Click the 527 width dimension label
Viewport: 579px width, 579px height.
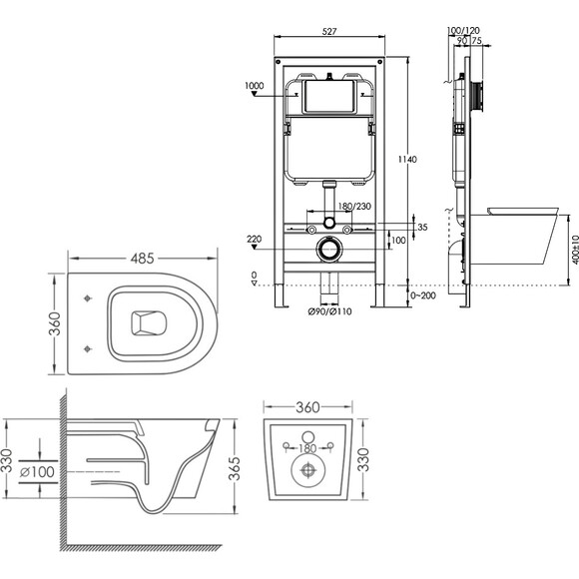[329, 31]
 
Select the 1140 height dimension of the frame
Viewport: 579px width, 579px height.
[407, 159]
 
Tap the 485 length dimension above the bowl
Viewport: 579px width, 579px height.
[142, 259]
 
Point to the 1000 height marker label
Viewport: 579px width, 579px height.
[254, 86]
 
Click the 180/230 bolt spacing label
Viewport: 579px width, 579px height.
[354, 206]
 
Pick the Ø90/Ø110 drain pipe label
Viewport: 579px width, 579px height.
[329, 311]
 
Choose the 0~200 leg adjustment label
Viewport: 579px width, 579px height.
[423, 295]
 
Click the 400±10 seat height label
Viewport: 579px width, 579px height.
[575, 250]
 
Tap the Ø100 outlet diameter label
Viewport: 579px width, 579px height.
[37, 471]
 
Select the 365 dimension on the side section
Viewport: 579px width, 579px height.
[235, 469]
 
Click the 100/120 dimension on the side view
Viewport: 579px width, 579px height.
[463, 30]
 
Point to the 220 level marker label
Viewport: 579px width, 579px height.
[254, 239]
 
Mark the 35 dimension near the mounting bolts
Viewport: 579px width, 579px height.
[422, 227]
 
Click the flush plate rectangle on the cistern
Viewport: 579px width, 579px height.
[329, 97]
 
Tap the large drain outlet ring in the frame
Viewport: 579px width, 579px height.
[329, 250]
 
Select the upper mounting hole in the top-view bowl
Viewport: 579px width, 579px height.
[88, 298]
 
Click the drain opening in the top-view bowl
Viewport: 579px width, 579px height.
[149, 323]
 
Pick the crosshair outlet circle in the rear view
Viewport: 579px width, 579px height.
[307, 470]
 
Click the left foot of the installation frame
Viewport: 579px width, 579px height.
[281, 295]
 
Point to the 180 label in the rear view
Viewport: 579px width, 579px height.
[307, 448]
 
